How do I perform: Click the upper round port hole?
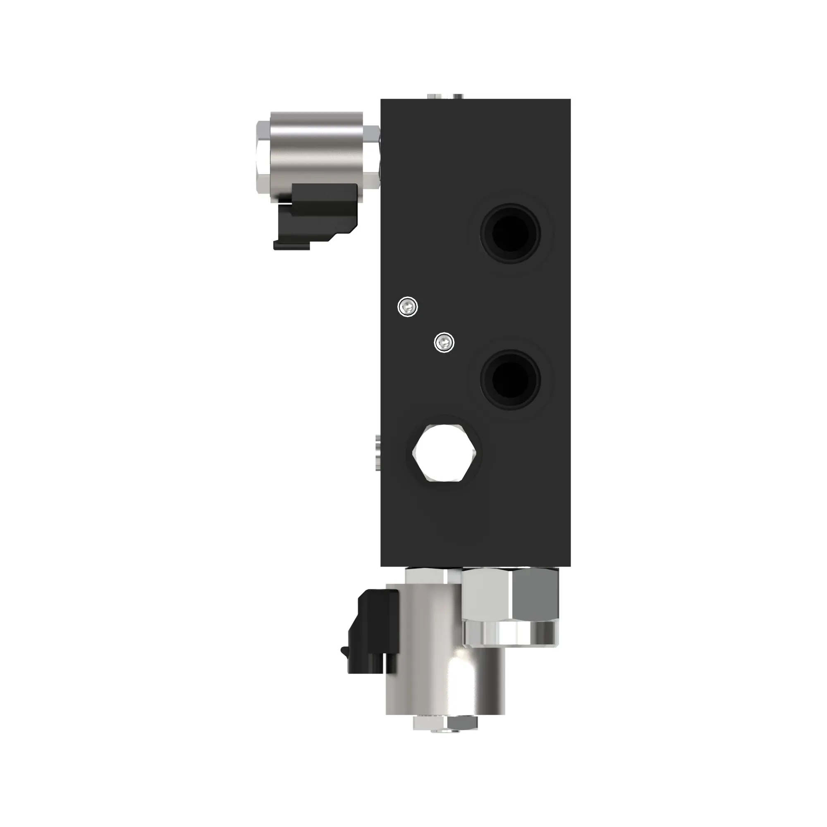[510, 233]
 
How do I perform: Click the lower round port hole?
[510, 379]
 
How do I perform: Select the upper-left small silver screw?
[408, 306]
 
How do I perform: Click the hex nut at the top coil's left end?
[262, 156]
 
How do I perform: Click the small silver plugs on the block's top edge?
[445, 96]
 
